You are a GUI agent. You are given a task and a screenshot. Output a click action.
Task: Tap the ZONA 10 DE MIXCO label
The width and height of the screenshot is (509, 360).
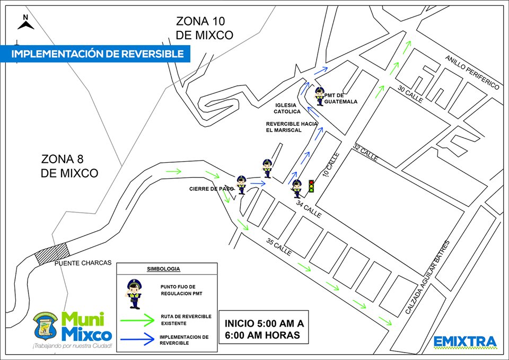pyautogui.click(x=205, y=29)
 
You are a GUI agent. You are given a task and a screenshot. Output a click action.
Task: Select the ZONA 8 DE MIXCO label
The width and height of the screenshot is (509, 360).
pyautogui.click(x=69, y=166)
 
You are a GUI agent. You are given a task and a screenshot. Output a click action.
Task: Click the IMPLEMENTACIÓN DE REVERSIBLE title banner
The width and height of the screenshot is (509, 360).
pyautogui.click(x=98, y=54)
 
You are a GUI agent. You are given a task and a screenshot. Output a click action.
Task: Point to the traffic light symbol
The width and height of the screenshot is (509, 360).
pyautogui.click(x=311, y=186)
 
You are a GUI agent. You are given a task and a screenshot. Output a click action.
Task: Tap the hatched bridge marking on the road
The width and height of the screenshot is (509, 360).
pyautogui.click(x=51, y=253)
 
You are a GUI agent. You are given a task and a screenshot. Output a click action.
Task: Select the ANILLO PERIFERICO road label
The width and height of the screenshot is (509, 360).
pyautogui.click(x=473, y=72)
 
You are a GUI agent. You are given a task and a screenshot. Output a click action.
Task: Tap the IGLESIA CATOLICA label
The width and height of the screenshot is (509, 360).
pyautogui.click(x=287, y=109)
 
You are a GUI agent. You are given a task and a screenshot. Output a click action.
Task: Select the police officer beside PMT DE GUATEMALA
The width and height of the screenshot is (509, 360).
pyautogui.click(x=320, y=96)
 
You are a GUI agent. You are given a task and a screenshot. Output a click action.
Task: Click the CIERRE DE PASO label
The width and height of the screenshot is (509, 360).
pyautogui.click(x=211, y=189)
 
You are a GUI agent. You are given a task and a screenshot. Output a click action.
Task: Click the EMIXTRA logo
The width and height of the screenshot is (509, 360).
pyautogui.click(x=465, y=342)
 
